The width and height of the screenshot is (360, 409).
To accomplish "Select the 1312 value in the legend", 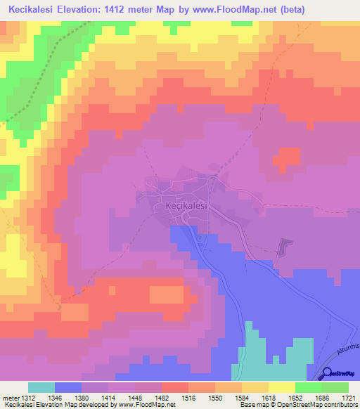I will (26, 398).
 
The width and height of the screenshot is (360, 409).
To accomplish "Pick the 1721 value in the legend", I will (348, 398).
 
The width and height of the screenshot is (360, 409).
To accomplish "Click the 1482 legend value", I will (161, 398).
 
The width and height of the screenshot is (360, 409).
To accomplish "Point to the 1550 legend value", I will (214, 398).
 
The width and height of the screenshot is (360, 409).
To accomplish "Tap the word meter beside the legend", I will (9, 398).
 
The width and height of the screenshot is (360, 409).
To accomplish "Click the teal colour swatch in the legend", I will (41, 387).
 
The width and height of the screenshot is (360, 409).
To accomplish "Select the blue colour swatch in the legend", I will (68, 387).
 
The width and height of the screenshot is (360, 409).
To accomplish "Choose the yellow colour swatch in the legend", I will (281, 387).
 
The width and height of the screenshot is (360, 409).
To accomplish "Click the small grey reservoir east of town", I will (284, 247).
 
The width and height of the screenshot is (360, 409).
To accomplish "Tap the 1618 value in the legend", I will (268, 398).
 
